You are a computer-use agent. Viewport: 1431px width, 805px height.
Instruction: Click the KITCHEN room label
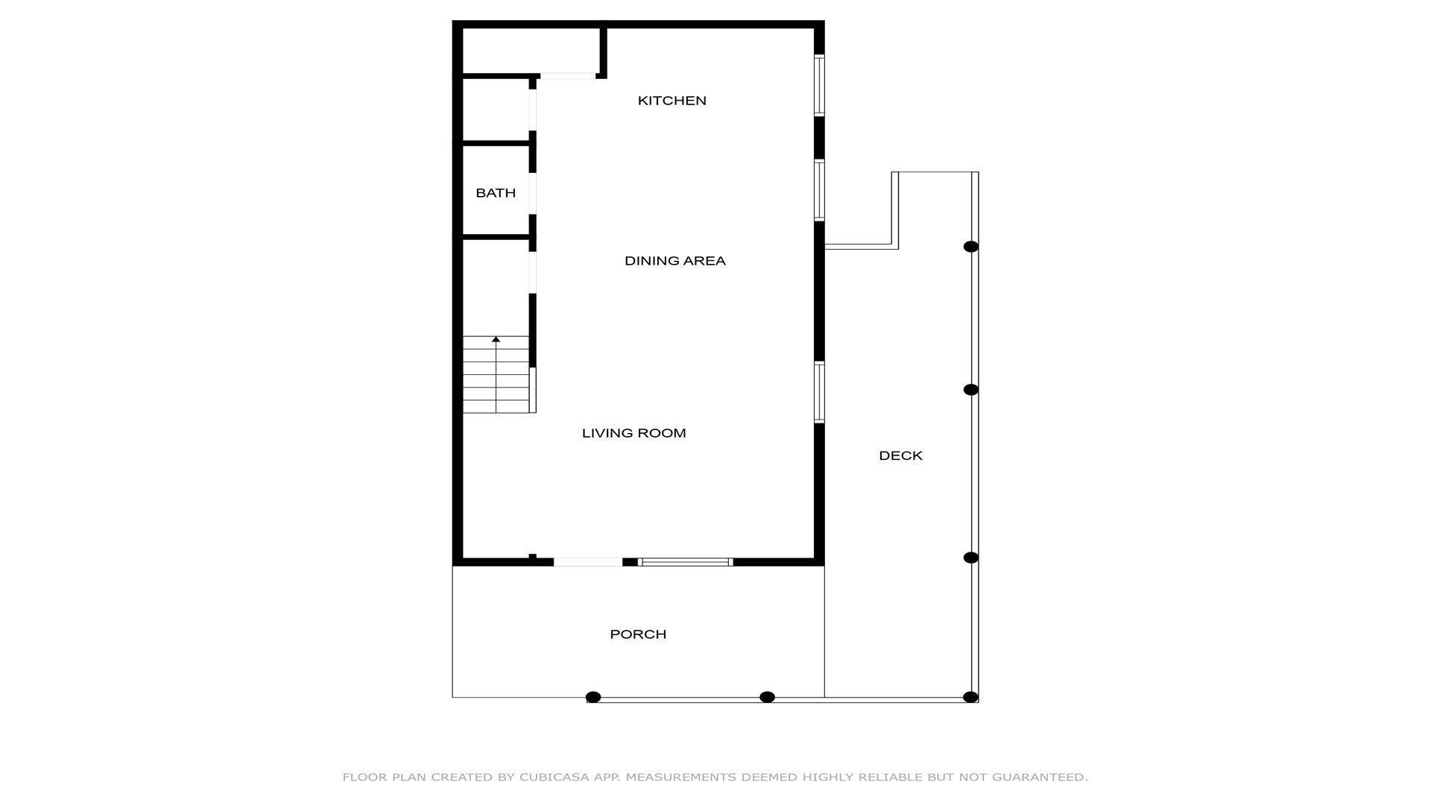point(672,101)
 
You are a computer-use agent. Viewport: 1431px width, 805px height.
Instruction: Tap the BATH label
point(496,193)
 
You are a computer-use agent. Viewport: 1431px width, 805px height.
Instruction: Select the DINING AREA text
point(675,261)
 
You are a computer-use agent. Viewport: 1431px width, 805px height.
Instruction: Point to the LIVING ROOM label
point(634,433)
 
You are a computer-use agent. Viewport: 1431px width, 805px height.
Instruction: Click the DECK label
point(900,455)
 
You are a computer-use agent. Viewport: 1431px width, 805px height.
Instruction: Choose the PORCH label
point(638,634)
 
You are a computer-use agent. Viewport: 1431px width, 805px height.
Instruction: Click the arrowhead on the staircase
point(496,340)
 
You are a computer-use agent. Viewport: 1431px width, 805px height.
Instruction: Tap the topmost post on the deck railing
point(970,247)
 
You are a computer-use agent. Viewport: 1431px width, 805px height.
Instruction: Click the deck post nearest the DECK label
point(970,390)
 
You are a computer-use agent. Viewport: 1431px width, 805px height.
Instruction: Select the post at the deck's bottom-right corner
point(970,698)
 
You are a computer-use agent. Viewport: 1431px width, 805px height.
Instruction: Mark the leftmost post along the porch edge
point(593,698)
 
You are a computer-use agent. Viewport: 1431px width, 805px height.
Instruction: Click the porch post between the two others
point(767,698)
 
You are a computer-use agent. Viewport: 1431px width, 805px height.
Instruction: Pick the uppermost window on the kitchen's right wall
point(819,85)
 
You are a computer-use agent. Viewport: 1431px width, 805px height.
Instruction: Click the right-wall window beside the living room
point(819,392)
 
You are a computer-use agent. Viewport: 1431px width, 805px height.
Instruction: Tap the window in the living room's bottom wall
point(686,562)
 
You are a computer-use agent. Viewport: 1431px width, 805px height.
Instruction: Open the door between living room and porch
point(588,562)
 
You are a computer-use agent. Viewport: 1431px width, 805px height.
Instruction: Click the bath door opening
point(533,194)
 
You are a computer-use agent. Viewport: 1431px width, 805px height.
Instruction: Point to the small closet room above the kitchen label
point(531,51)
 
